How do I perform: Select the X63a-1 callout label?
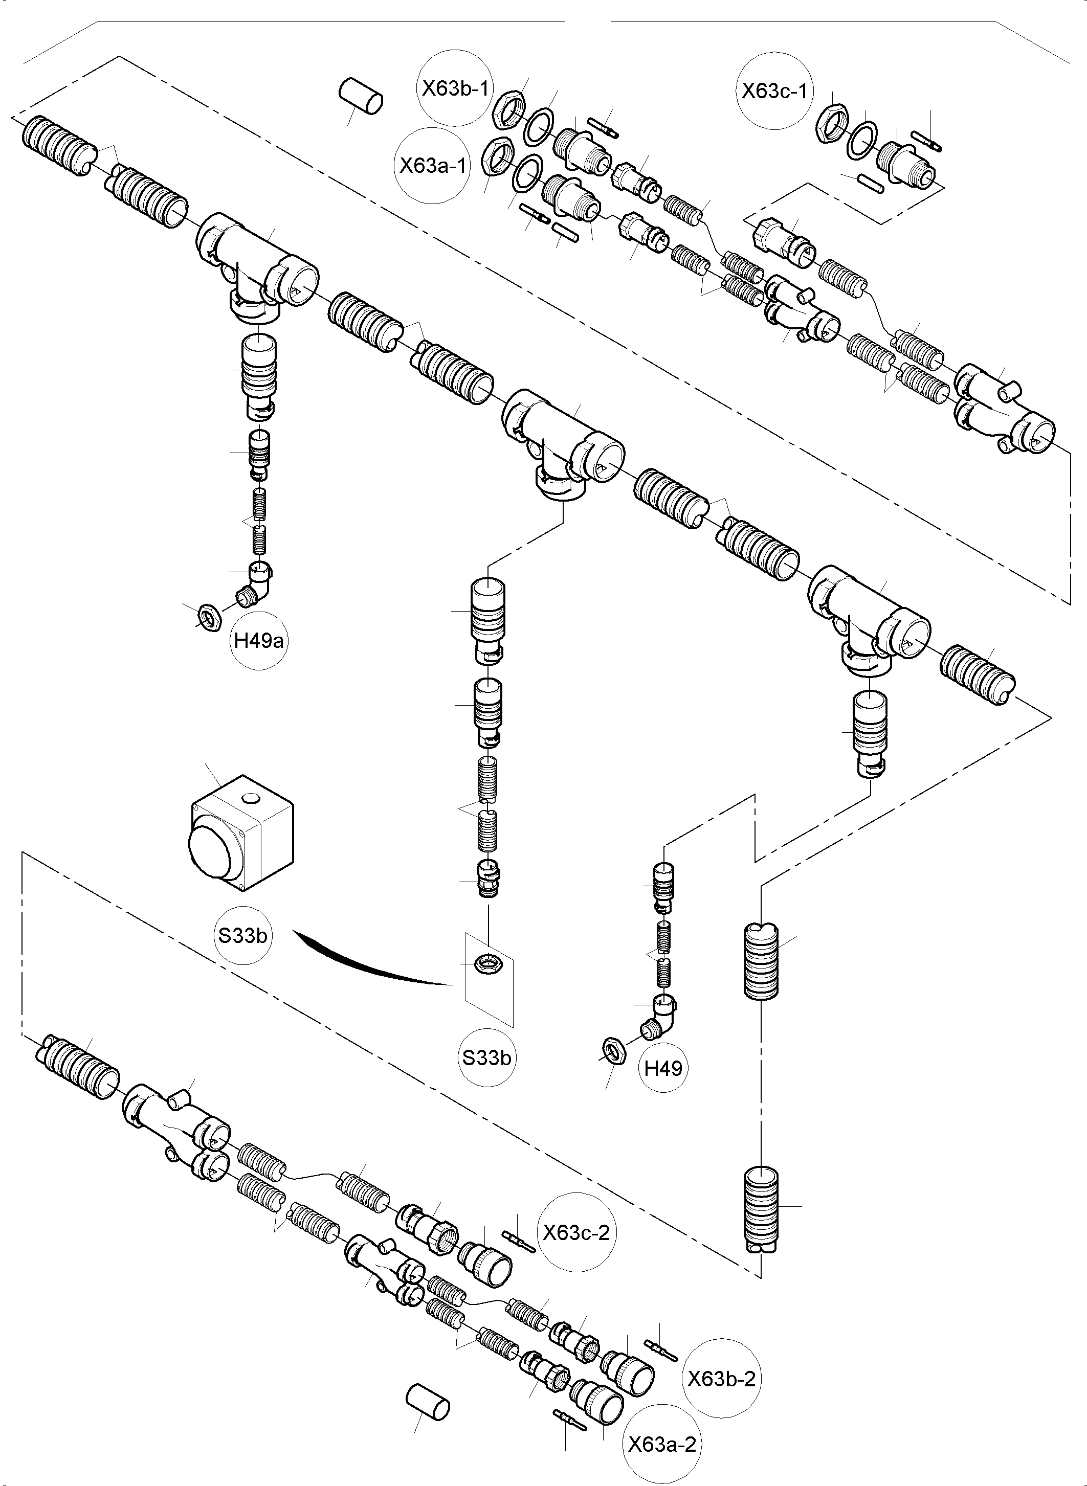[432, 165]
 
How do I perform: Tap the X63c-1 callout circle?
[774, 92]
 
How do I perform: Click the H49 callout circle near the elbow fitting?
[663, 1068]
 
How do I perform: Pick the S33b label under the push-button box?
[243, 935]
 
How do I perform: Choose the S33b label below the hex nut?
[486, 1058]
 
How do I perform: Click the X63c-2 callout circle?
[576, 1233]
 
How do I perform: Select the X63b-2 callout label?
[721, 1379]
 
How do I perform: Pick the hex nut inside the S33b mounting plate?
[490, 965]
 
